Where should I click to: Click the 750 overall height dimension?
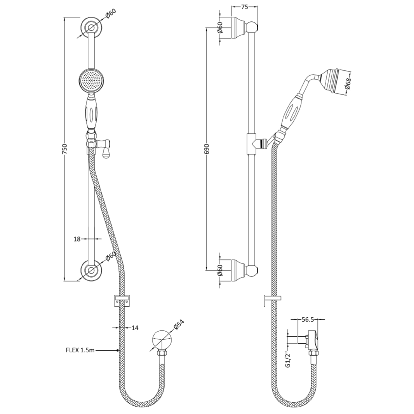point(64,149)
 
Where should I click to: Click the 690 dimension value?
point(207,149)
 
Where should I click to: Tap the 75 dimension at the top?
point(244,6)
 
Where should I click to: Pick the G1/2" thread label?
point(287,360)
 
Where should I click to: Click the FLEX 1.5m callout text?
point(80,350)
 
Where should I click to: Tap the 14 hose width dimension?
point(135,328)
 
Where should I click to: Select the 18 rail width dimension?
point(77,239)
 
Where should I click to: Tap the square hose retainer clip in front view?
point(122,300)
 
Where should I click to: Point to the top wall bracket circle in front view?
point(91,27)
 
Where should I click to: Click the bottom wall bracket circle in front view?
point(91,270)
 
